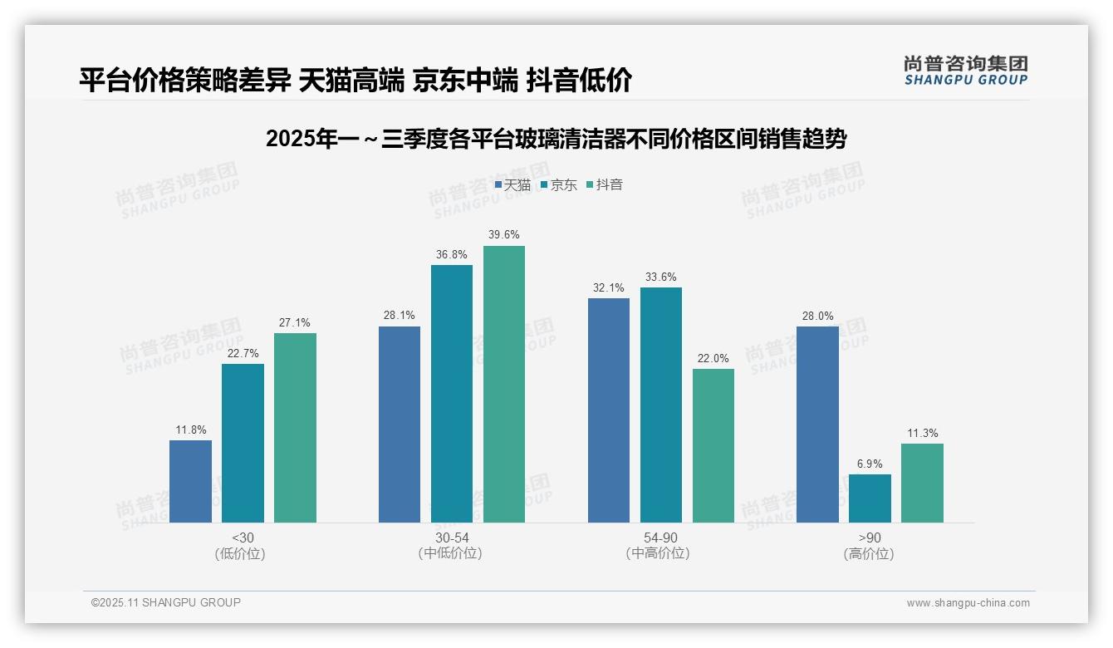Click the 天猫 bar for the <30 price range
(x=190, y=481)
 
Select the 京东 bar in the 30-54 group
(x=452, y=394)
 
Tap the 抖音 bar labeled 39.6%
(x=504, y=384)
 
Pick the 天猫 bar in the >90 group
(x=817, y=425)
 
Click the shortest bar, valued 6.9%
(x=870, y=498)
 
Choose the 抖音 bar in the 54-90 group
(x=713, y=445)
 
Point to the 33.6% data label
(x=661, y=277)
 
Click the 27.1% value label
(x=295, y=323)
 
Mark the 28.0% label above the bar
(x=817, y=317)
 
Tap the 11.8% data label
(x=190, y=430)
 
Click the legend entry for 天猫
(x=512, y=185)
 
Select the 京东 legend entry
(x=558, y=185)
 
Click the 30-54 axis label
(x=452, y=538)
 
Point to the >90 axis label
(x=870, y=538)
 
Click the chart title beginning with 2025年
(x=556, y=139)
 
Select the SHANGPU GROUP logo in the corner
(x=965, y=71)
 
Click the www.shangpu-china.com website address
(x=968, y=603)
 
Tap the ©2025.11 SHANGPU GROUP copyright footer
(x=166, y=602)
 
